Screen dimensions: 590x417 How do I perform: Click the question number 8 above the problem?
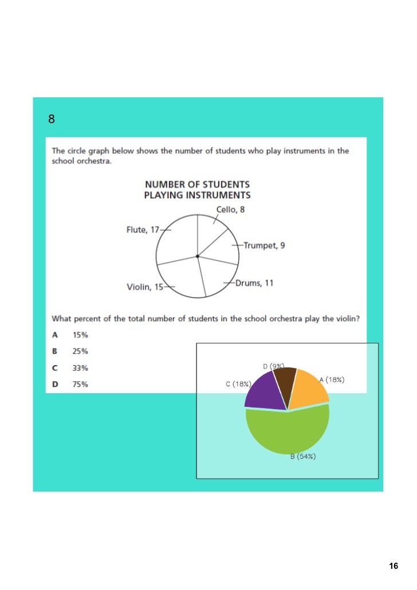click(51, 120)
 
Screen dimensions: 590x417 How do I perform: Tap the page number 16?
click(393, 566)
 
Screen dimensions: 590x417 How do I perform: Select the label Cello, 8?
click(230, 209)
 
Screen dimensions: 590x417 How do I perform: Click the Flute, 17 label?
click(143, 229)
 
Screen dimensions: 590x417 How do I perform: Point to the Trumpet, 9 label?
click(264, 245)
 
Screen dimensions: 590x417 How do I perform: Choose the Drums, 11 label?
click(255, 283)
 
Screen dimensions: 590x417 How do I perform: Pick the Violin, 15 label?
click(145, 287)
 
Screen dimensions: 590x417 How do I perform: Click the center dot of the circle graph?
click(198, 256)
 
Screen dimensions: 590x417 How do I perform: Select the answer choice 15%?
click(80, 335)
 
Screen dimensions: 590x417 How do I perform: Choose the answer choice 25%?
click(80, 351)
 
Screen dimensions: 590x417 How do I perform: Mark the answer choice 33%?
click(80, 368)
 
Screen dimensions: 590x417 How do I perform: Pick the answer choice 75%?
click(80, 385)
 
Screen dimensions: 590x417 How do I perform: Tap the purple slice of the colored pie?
click(263, 391)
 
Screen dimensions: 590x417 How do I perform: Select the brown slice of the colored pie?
click(285, 379)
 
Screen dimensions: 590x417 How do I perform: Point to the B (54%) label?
click(303, 457)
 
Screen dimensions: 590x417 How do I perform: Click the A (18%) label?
click(332, 379)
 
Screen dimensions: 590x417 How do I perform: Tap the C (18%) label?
click(238, 384)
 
